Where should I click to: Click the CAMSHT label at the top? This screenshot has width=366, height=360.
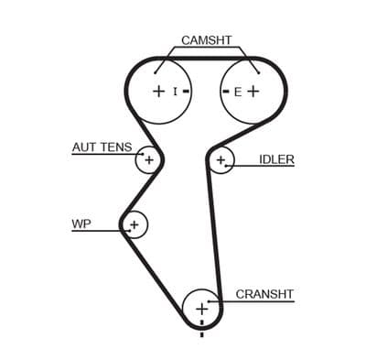click(x=207, y=40)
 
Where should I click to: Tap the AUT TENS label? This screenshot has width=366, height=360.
click(x=102, y=147)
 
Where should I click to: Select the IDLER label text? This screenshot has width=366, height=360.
click(x=276, y=159)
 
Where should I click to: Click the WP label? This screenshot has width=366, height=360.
click(x=81, y=224)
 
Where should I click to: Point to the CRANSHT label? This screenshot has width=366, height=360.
click(x=264, y=294)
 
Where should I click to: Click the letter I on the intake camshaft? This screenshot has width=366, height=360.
click(x=175, y=91)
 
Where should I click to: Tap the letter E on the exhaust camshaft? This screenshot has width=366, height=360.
click(x=238, y=92)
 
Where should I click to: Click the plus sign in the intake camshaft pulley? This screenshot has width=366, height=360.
click(x=158, y=91)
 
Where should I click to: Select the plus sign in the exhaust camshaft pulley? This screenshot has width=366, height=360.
click(x=253, y=91)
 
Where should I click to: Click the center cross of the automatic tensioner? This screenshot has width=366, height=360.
click(x=149, y=159)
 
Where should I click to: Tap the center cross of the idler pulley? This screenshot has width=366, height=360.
click(x=221, y=159)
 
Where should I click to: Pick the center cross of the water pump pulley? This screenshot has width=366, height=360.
click(x=135, y=225)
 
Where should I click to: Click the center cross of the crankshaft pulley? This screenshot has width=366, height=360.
click(x=201, y=310)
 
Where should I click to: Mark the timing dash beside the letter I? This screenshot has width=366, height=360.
click(x=186, y=91)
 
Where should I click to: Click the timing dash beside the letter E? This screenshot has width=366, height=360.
click(x=226, y=92)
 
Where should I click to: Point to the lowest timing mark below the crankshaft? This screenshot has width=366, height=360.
click(x=201, y=334)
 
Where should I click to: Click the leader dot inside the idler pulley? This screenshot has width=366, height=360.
click(x=226, y=166)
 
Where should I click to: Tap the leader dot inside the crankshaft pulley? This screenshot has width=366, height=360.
click(x=209, y=301)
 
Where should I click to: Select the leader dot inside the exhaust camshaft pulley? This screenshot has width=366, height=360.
click(x=259, y=72)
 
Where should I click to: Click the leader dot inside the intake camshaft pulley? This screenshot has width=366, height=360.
click(x=155, y=72)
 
